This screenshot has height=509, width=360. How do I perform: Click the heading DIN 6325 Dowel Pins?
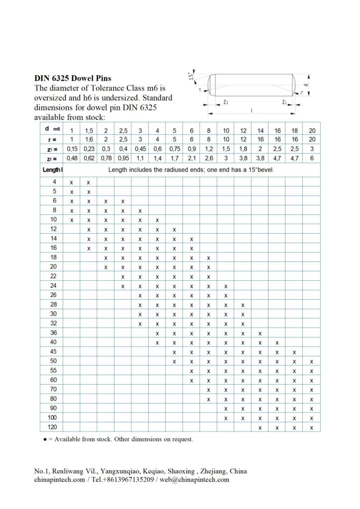pyautogui.click(x=73, y=78)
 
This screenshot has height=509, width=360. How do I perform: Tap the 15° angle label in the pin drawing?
pyautogui.click(x=191, y=76)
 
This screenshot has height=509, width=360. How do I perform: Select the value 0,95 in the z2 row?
pyautogui.click(x=123, y=159)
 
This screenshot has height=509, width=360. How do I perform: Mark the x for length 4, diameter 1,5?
pyautogui.click(x=89, y=182)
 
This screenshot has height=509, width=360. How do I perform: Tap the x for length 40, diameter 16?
pyautogui.click(x=277, y=342)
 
